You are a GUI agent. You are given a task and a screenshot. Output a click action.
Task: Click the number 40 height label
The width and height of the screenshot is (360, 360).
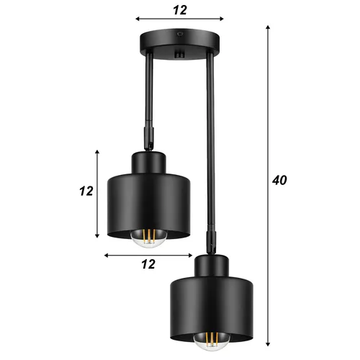point(280,180)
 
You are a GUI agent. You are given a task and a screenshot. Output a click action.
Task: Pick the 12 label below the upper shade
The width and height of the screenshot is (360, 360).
point(148,264)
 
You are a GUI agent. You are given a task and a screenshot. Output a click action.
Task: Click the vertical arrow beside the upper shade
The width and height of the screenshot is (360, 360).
point(98,194)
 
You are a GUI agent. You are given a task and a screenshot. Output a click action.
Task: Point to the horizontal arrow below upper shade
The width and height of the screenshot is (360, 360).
point(148,255)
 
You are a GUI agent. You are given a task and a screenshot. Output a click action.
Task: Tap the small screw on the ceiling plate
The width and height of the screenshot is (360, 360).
point(180,34)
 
